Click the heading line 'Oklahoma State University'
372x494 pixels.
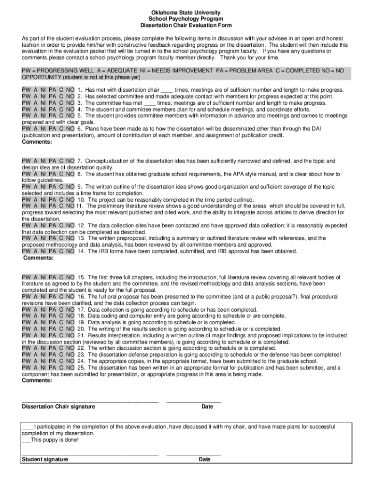[186, 12]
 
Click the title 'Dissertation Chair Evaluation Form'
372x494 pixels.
[186, 25]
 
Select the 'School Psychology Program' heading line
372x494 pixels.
[186, 19]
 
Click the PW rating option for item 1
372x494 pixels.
[26, 90]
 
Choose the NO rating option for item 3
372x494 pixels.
[70, 103]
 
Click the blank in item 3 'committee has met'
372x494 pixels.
[150, 103]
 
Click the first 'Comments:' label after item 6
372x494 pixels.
[37, 142]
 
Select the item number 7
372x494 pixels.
[80, 161]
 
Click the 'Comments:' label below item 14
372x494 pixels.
[39, 258]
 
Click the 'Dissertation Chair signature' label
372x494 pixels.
[58, 407]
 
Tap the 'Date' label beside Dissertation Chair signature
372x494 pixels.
[207, 407]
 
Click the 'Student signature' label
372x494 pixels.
[45, 460]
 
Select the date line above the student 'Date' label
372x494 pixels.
[193, 454]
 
